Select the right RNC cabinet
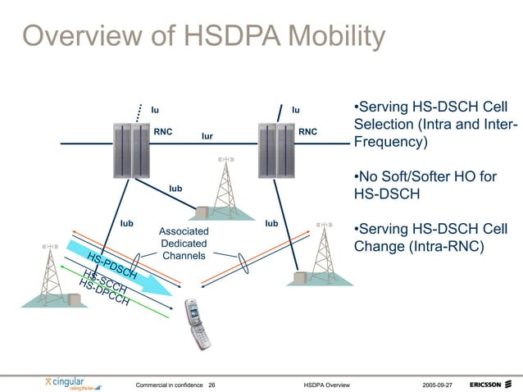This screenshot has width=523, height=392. [274, 149]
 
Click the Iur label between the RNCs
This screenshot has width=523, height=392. [208, 136]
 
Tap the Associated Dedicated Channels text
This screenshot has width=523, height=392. [184, 244]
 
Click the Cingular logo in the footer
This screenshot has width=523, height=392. [73, 383]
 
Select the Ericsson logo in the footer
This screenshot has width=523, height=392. [491, 384]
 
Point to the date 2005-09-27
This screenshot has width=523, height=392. [440, 384]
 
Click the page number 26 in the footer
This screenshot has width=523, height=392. [212, 384]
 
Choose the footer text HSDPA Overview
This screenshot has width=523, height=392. [326, 384]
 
